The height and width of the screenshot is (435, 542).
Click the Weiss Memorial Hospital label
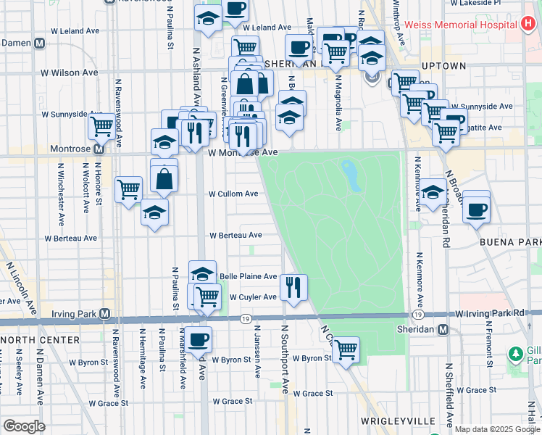tap(459, 25)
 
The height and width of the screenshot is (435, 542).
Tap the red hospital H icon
tap(530, 24)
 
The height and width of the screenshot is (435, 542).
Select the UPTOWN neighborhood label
tap(443, 66)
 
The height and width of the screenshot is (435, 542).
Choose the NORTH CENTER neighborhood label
tap(41, 340)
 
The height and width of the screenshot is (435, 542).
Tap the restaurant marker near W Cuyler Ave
tap(293, 287)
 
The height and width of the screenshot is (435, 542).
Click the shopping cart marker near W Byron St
tap(346, 349)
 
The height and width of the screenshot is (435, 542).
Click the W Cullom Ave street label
tap(233, 194)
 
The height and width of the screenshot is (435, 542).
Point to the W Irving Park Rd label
tap(489, 312)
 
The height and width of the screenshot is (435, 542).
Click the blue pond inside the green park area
tap(351, 175)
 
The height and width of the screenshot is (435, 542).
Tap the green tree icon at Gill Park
tap(515, 355)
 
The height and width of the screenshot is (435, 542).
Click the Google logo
tap(24, 426)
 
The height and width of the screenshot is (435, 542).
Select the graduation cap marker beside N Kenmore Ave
tap(433, 192)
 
